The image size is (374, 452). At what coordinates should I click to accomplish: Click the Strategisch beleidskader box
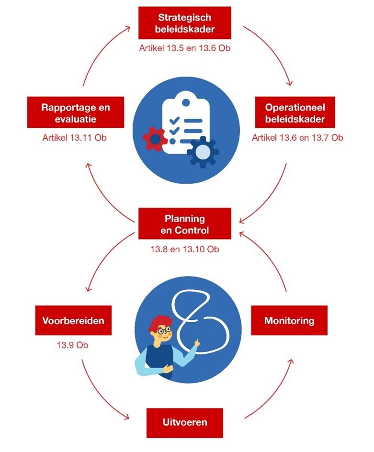pos(185,23)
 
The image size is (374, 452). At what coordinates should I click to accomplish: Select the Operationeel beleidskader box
pos(295,113)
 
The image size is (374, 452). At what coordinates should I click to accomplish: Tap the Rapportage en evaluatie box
pos(76,113)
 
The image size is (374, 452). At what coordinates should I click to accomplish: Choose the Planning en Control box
pos(185,224)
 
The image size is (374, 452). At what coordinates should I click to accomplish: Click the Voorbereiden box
pos(73,320)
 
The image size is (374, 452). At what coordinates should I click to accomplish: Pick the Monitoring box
pos(289,320)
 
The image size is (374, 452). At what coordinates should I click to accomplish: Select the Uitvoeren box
pos(185,422)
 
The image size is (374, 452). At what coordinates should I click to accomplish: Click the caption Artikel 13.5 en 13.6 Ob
pos(185,48)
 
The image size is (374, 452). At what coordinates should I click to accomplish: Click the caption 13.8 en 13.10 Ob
pos(185,249)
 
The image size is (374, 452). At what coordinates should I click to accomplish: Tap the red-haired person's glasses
pos(164,330)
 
